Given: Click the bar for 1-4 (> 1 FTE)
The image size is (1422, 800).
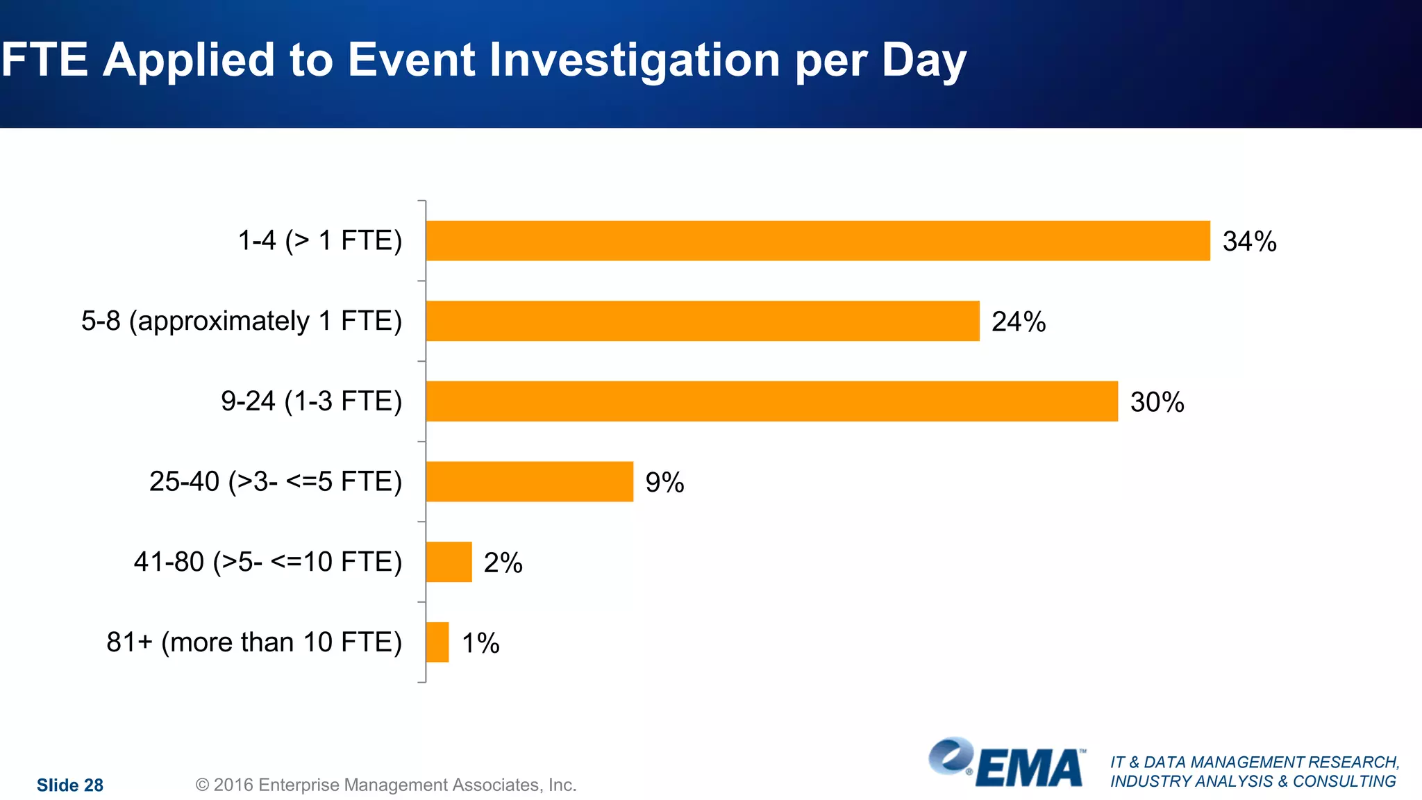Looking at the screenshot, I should pos(817,241).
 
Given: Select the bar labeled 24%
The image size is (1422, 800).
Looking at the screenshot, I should pos(702,321).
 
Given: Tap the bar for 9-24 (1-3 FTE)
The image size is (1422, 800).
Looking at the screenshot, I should pos(771,401).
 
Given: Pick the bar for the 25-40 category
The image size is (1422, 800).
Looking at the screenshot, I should pos(529,481).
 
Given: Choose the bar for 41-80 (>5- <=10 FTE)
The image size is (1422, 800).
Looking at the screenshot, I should pos(449,562).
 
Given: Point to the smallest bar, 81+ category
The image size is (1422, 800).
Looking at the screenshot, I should pos(437,642).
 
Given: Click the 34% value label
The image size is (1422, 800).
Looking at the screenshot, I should pos(1249,242).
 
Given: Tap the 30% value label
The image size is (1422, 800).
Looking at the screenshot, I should pos(1157,402).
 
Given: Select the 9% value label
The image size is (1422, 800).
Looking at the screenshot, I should pos(664,483).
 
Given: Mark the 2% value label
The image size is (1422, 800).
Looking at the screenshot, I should pos(503,562).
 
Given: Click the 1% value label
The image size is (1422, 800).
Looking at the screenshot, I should pos(480,643).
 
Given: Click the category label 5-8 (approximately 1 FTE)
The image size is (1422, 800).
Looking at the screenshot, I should pos(242,321).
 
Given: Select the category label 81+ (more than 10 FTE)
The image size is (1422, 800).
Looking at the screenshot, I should pos(254,642).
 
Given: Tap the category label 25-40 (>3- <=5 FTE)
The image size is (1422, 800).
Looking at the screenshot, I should pos(276,481).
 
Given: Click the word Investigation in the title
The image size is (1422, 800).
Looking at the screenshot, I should pos(634,60).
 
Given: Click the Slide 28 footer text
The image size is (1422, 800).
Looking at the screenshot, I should pos(70,785).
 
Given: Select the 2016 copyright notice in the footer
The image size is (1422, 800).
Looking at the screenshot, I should pos(386,785).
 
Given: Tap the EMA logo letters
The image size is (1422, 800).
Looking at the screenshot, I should pos(1029,769).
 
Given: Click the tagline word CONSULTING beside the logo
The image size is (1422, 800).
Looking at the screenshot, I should pos(1344,781).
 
